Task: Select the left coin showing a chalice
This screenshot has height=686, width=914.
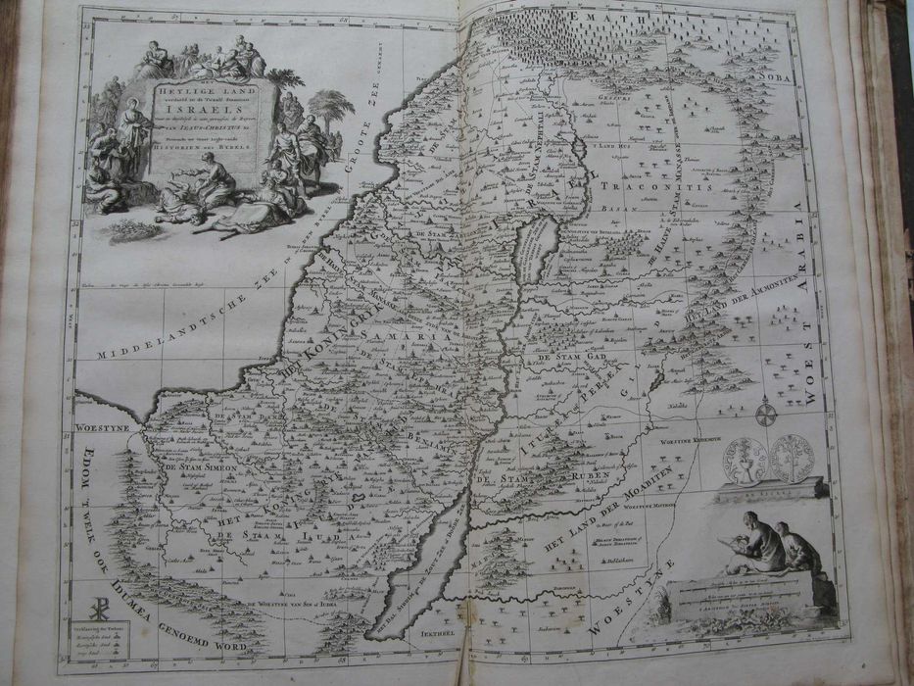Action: click(744, 459)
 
